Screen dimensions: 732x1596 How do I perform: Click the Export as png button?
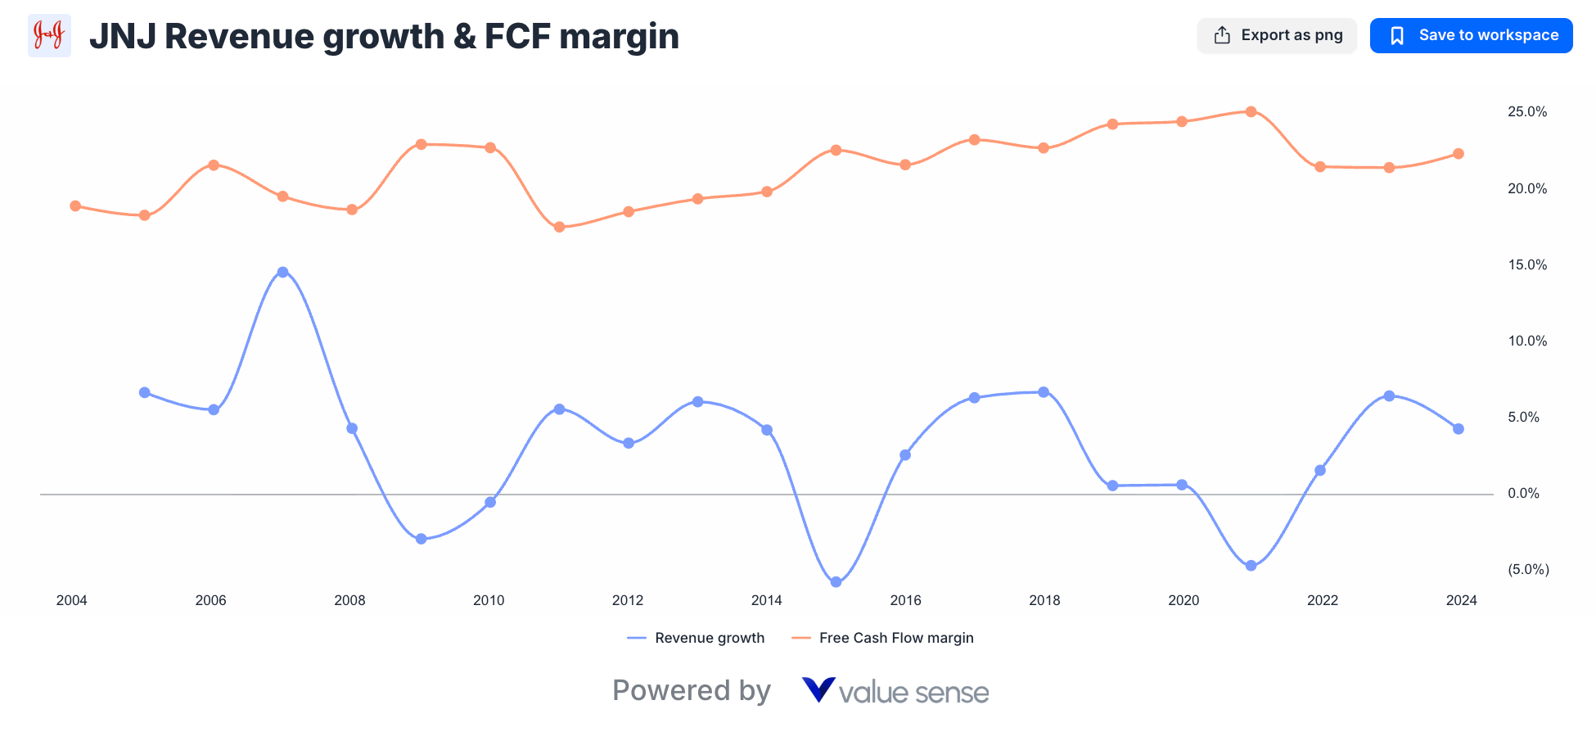coord(1277,35)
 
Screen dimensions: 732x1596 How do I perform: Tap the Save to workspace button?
coord(1471,35)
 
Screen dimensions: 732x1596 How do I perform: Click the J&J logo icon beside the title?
coord(49,35)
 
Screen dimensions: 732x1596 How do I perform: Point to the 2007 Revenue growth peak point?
coord(282,272)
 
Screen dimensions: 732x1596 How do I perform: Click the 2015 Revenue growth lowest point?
coord(836,582)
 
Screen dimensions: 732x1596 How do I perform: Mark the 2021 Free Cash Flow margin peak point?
coord(1251,111)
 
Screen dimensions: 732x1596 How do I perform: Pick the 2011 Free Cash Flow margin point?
coord(559,227)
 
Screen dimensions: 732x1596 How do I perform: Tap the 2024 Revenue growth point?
coord(1458,429)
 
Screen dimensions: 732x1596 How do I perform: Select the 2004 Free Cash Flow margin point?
coord(75,206)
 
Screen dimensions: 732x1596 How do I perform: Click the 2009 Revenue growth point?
coord(421,539)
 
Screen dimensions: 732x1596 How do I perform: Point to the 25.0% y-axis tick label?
coord(1527,111)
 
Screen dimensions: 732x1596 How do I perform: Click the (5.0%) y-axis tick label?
coord(1528,569)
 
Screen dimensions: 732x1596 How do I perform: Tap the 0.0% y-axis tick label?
coord(1523,493)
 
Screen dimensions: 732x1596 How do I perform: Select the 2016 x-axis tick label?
coord(905,600)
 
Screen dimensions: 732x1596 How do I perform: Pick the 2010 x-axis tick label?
coord(489,600)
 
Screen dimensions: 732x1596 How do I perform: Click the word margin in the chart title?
coord(619,36)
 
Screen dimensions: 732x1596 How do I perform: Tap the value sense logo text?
coord(913,693)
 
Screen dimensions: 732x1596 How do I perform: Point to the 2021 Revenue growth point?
coord(1251,566)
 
